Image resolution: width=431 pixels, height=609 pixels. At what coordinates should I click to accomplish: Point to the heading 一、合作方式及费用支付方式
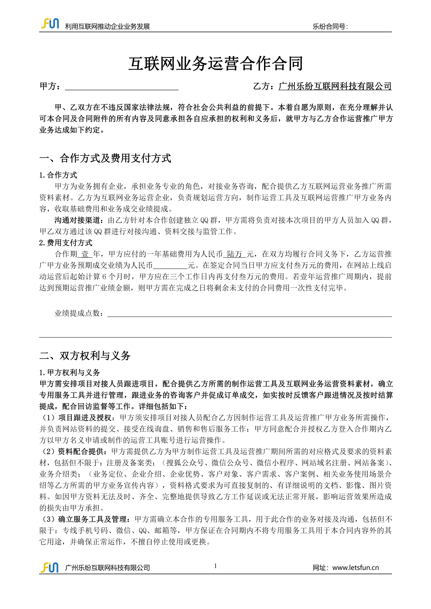[105, 158]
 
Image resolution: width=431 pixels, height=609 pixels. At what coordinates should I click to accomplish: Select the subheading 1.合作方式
[58, 175]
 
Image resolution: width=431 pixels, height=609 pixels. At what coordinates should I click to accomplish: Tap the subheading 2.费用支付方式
[66, 243]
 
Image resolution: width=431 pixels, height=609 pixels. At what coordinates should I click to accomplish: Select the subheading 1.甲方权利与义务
[70, 372]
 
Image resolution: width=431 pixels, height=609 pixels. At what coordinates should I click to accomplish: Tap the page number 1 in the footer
[215, 566]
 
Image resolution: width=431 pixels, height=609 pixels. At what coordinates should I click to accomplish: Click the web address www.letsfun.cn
[355, 568]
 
